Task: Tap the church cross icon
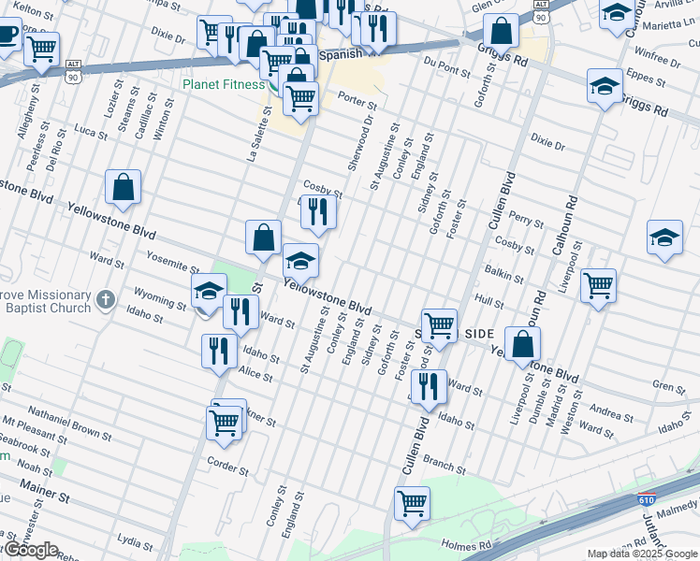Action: tap(106, 301)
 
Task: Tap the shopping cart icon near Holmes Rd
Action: tap(412, 504)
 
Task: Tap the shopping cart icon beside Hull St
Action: tap(598, 284)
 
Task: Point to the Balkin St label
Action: tap(503, 272)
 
